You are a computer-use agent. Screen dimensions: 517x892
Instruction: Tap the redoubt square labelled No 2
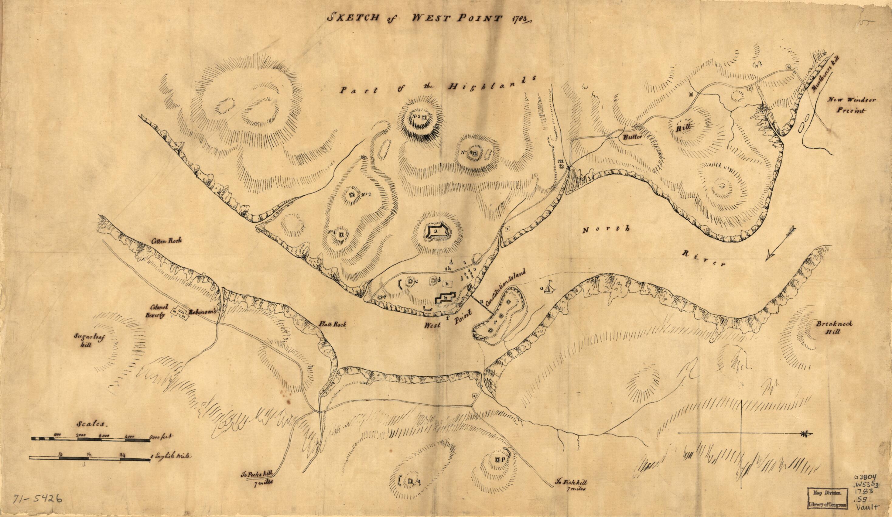tap(104, 195)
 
